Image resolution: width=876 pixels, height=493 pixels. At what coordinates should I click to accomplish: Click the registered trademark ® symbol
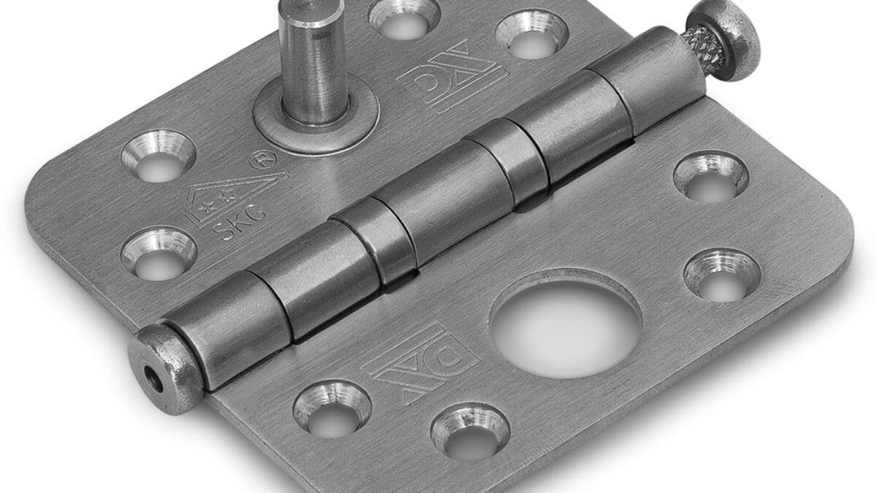tap(264, 160)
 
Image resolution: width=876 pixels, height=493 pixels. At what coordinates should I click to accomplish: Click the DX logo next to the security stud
tap(452, 76)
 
